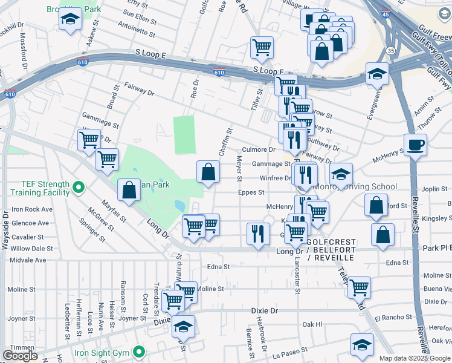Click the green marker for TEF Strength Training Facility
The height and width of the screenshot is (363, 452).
pyautogui.click(x=77, y=188)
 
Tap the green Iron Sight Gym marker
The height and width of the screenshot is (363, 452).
pyautogui.click(x=139, y=352)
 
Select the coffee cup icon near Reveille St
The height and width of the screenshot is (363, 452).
pyautogui.click(x=415, y=145)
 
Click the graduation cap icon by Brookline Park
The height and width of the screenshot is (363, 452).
pyautogui.click(x=71, y=19)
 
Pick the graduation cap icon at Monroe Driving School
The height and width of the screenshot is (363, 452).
pyautogui.click(x=341, y=174)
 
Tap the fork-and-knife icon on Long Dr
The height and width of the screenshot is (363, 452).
pyautogui.click(x=259, y=233)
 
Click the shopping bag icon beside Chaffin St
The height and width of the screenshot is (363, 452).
pyautogui.click(x=208, y=171)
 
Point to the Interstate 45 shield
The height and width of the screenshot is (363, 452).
pyautogui.click(x=386, y=13)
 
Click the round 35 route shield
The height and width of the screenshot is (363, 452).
pyautogui.click(x=392, y=51)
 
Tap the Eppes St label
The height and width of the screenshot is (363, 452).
pyautogui.click(x=251, y=192)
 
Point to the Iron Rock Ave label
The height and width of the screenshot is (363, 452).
pyautogui.click(x=32, y=209)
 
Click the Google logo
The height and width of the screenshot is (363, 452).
pyautogui.click(x=20, y=356)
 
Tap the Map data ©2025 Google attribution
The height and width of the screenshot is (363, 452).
pyautogui.click(x=413, y=358)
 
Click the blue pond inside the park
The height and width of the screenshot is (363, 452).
pyautogui.click(x=179, y=206)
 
